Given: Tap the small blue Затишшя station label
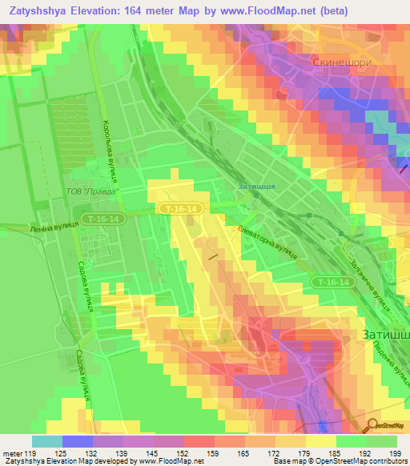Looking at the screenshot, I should click(x=256, y=187).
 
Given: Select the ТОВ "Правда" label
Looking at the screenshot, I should click(x=93, y=191).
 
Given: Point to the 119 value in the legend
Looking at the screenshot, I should click(x=28, y=453).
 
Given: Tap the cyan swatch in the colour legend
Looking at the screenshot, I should click(x=47, y=441).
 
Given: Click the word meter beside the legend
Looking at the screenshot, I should click(x=12, y=453).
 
